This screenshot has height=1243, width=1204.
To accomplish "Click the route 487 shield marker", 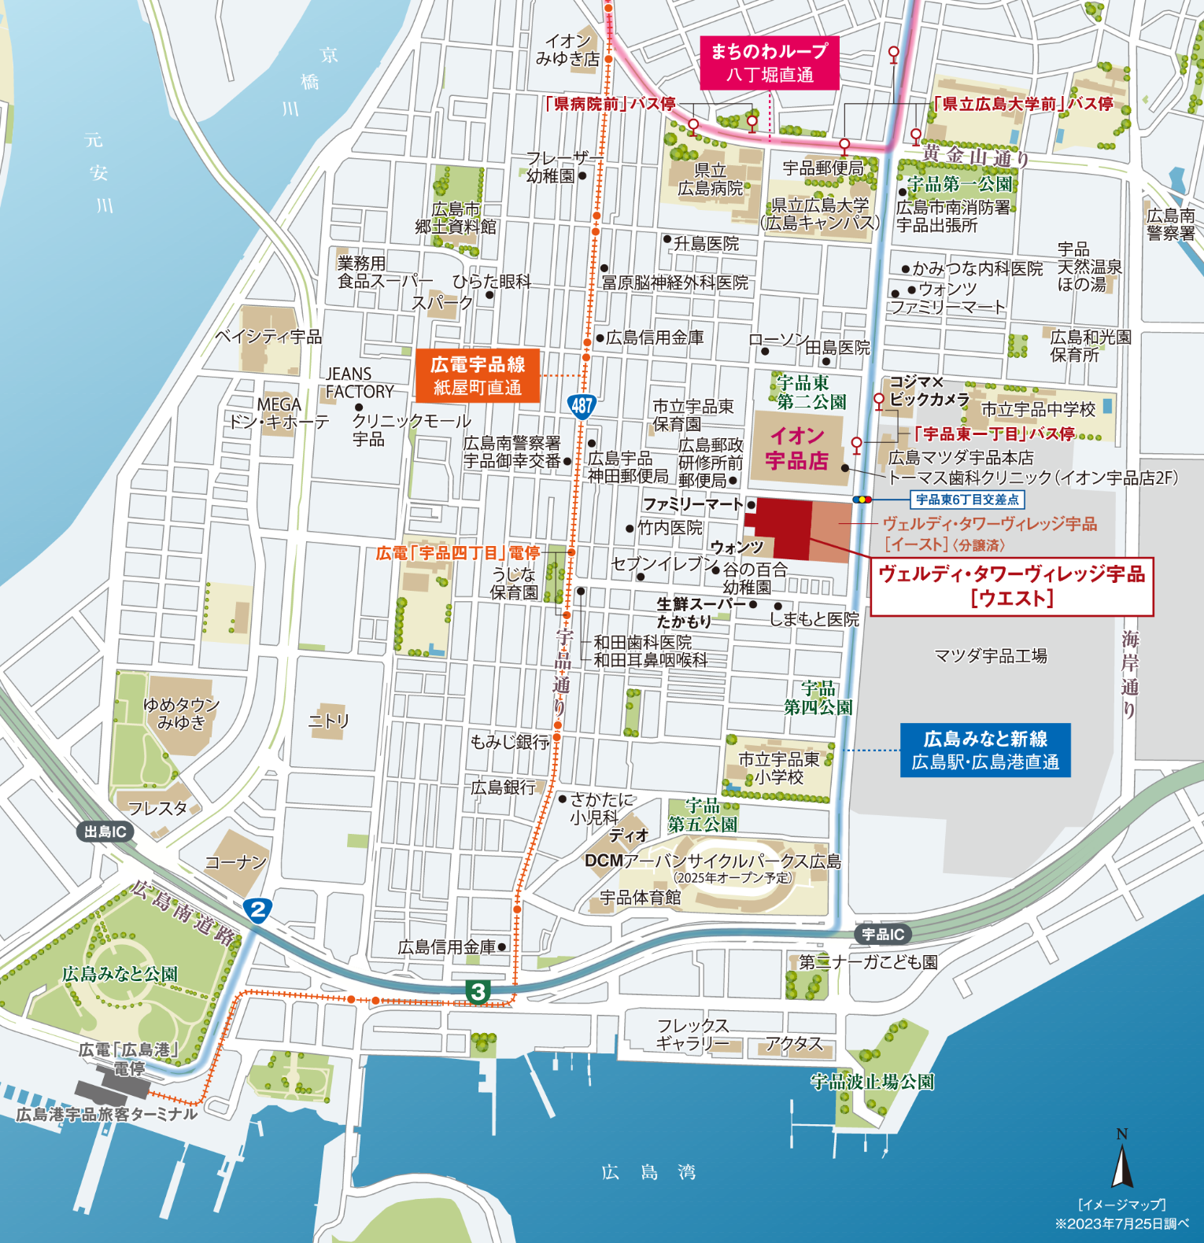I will [x=582, y=406].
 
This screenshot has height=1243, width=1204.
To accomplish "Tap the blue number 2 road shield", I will [x=257, y=910].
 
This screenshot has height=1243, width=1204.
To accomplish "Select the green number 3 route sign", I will [x=478, y=991].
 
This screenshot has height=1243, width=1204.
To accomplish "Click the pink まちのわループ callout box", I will [x=769, y=62].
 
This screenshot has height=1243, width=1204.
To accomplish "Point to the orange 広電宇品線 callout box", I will [x=477, y=375].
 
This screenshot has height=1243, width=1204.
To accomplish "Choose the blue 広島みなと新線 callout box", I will [x=984, y=750].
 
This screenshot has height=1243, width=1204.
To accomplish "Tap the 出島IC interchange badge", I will [x=105, y=832].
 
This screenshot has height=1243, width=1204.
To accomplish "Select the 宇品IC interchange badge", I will [x=883, y=934].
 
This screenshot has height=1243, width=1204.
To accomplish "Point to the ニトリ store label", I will [x=328, y=721].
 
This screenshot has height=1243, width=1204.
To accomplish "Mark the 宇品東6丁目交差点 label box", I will [x=967, y=500].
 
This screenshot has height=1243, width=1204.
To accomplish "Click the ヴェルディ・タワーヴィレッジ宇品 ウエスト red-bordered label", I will [x=1011, y=586].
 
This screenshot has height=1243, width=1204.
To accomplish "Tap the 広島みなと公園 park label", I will [x=120, y=974].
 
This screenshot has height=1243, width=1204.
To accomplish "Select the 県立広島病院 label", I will [x=710, y=179].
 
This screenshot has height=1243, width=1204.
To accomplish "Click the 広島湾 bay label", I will [x=648, y=1172].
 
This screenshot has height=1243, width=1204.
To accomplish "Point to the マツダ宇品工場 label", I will [x=990, y=655].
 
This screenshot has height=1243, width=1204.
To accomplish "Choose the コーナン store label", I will [x=235, y=862].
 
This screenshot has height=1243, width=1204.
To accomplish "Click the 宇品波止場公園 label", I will [x=872, y=1082].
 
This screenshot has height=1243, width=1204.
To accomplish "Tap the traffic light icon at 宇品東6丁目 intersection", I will [x=862, y=500].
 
